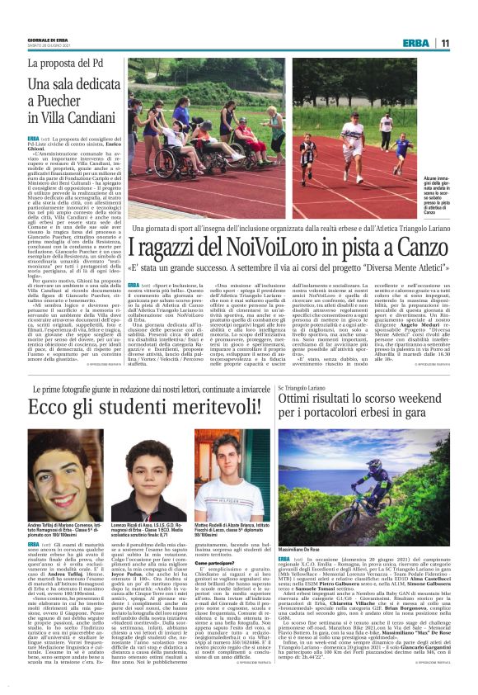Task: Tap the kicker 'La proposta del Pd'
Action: [x=64, y=63]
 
